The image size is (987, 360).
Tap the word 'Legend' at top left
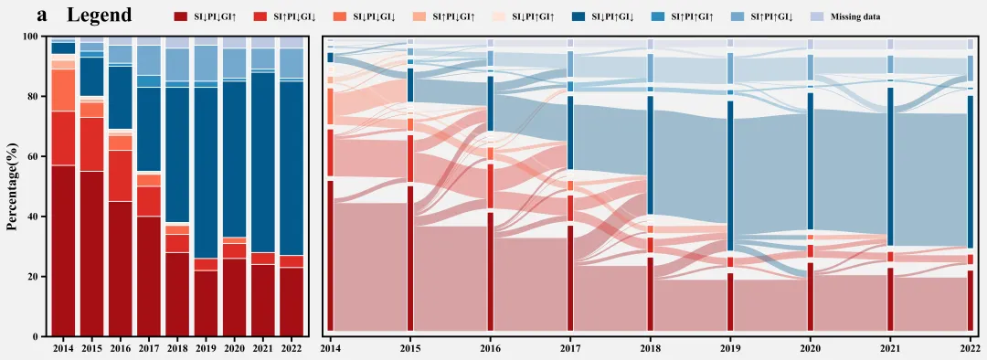coord(99,16)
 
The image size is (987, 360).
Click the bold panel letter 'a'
coord(42,16)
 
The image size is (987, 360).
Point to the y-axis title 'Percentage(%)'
coord(12,186)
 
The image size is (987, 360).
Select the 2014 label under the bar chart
coord(64,346)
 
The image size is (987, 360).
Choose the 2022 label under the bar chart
coord(292,346)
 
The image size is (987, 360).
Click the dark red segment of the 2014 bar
coord(64,250)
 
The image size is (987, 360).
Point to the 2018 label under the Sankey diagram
coord(650,346)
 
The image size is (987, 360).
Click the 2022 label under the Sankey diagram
coord(970,346)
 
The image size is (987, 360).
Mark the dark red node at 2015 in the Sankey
coord(410,258)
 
